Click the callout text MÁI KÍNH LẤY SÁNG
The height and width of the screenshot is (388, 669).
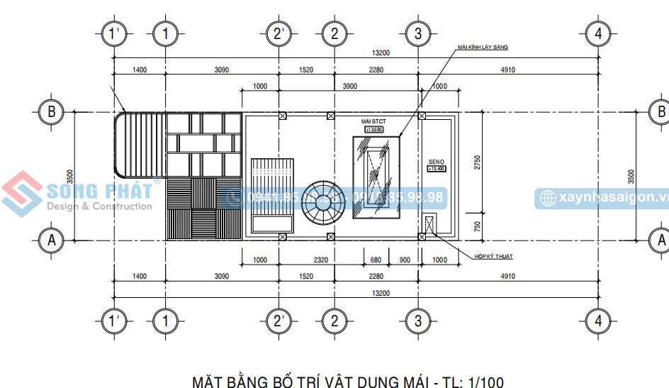483,47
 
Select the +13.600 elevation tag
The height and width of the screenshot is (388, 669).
373,130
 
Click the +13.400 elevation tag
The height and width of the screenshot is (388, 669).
437,168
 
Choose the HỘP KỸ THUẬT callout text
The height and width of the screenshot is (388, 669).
494,256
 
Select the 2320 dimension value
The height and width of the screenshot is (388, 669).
321,260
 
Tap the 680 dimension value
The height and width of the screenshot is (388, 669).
376,260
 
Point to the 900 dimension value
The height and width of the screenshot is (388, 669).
404,260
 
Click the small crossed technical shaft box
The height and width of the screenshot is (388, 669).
428,224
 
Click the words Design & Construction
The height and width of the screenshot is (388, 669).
99,206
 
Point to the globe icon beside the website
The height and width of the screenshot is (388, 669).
546,198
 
